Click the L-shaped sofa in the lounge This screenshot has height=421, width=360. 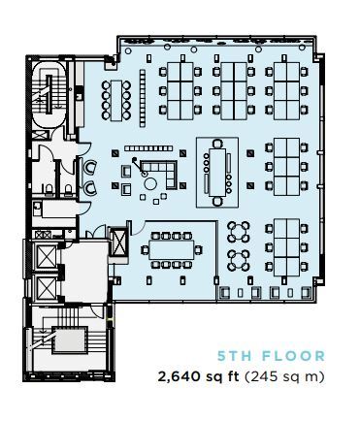[x=167, y=175]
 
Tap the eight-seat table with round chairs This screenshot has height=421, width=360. [x=119, y=97]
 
